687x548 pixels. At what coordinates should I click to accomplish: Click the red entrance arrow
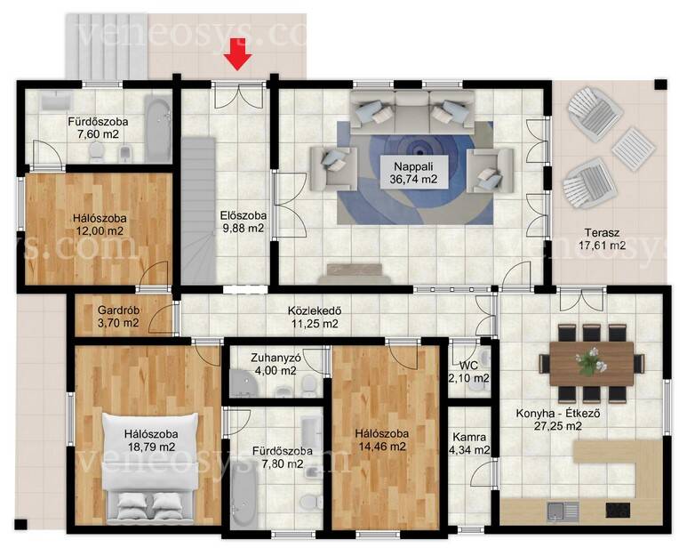tap(238, 54)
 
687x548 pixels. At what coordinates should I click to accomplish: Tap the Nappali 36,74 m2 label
tap(413, 173)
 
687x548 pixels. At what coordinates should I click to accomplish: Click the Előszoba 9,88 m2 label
tap(244, 222)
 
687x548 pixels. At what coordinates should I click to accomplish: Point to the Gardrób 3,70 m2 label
tap(118, 317)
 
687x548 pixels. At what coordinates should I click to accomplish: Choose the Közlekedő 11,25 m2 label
tap(315, 317)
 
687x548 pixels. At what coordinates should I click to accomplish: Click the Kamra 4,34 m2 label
tap(469, 443)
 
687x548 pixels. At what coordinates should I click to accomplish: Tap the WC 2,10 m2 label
tap(468, 371)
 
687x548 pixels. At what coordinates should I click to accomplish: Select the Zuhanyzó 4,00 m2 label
tap(276, 364)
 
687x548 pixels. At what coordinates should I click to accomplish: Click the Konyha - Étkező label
tap(558, 413)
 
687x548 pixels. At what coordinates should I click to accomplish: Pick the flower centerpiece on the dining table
tap(592, 361)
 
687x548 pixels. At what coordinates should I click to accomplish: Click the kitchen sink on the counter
tap(563, 511)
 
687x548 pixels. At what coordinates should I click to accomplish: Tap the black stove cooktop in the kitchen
tap(619, 511)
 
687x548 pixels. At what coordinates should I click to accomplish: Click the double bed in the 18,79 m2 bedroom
tap(149, 468)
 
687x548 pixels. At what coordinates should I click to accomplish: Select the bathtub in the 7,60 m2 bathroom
tap(157, 130)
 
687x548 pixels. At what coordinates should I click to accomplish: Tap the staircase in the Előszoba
tap(198, 210)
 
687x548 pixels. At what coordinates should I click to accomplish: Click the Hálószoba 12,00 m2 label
tap(99, 224)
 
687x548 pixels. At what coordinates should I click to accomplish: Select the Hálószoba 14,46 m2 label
tap(381, 439)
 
